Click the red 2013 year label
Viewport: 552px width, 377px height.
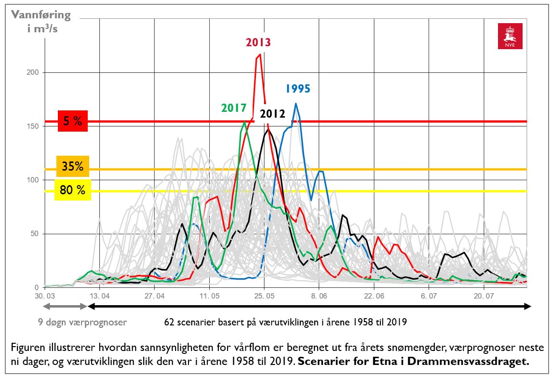(x=258, y=42)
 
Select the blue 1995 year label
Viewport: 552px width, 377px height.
(x=297, y=89)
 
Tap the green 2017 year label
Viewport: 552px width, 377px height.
(x=234, y=108)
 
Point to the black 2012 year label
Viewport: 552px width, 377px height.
(x=272, y=114)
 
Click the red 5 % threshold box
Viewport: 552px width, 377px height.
(x=72, y=121)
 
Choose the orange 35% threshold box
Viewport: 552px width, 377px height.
(x=72, y=167)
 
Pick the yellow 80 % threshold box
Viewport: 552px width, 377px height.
(x=72, y=190)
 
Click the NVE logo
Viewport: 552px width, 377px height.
(x=510, y=36)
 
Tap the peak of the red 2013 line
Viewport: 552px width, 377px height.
(x=260, y=54)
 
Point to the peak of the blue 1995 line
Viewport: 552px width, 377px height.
(x=296, y=103)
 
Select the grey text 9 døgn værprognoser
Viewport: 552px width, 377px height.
(x=82, y=322)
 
